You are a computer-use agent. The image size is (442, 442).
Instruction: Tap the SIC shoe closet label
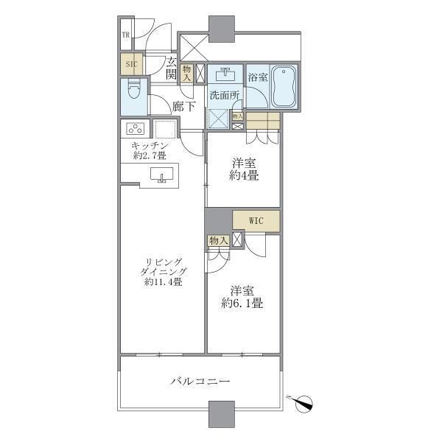click(x=132, y=64)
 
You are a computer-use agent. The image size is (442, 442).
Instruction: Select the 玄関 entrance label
click(x=170, y=68)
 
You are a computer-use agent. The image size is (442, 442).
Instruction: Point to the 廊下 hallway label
click(x=183, y=106)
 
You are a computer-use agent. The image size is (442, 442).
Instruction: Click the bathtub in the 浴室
click(x=284, y=87)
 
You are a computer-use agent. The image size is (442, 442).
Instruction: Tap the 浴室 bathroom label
click(x=257, y=77)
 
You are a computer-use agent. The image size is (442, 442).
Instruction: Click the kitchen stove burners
click(x=136, y=129)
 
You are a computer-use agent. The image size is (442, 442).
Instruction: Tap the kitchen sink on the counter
click(x=161, y=175)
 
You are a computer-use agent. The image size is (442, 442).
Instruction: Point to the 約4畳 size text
click(x=242, y=176)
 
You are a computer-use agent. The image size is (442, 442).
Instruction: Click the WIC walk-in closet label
click(x=256, y=220)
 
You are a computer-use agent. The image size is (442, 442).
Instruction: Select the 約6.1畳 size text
click(x=242, y=303)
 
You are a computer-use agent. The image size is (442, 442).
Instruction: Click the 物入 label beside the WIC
click(x=217, y=240)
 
